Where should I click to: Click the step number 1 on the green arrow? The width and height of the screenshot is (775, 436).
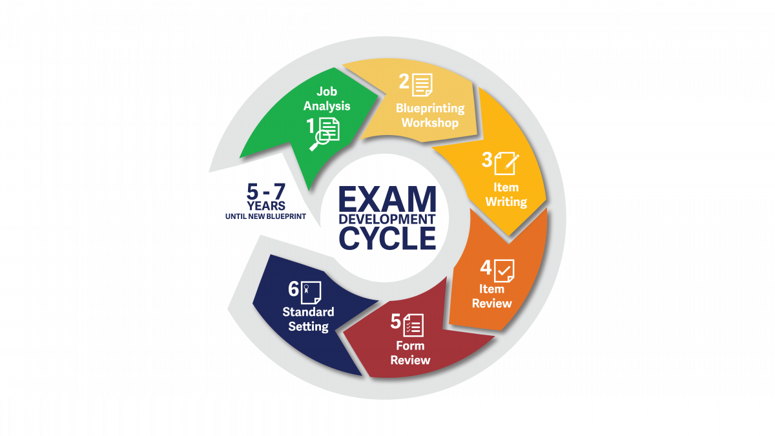pyautogui.click(x=311, y=125)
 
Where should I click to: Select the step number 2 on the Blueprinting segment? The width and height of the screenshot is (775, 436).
pyautogui.click(x=404, y=81)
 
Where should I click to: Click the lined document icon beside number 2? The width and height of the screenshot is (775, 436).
pyautogui.click(x=422, y=85)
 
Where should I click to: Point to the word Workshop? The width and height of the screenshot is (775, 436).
pyautogui.click(x=430, y=123)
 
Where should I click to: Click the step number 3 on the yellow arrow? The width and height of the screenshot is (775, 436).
pyautogui.click(x=487, y=160)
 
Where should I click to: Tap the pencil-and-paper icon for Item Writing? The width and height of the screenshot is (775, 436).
pyautogui.click(x=507, y=163)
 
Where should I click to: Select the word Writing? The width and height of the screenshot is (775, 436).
pyautogui.click(x=506, y=202)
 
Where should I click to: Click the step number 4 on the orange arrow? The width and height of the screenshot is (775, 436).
pyautogui.click(x=486, y=268)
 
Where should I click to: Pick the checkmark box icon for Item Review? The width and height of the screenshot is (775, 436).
pyautogui.click(x=504, y=271)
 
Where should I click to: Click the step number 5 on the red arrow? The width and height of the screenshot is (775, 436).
pyautogui.click(x=395, y=322)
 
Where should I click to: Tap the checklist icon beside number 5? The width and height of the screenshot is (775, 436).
pyautogui.click(x=413, y=326)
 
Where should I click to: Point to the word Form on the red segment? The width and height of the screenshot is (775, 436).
pyautogui.click(x=410, y=346)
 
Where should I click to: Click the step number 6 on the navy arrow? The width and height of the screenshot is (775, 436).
pyautogui.click(x=293, y=289)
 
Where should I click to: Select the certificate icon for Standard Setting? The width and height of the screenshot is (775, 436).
pyautogui.click(x=311, y=293)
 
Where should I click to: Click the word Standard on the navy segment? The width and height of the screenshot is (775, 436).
pyautogui.click(x=308, y=312)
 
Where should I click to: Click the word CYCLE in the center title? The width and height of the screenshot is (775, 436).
pyautogui.click(x=387, y=238)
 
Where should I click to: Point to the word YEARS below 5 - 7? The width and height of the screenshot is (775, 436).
pyautogui.click(x=265, y=206)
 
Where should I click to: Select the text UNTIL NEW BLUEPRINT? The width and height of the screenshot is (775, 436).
pyautogui.click(x=265, y=216)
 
